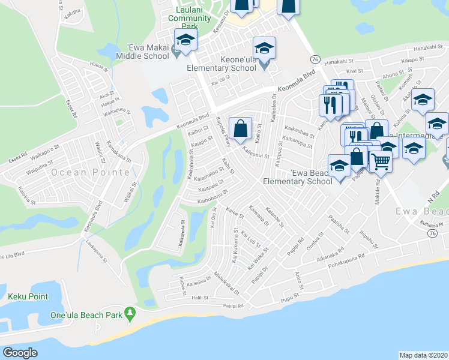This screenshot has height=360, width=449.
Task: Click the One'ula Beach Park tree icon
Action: pos(128,313)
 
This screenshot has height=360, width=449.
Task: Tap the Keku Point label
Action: pos(28,296)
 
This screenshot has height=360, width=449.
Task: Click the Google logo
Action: pos(20,353)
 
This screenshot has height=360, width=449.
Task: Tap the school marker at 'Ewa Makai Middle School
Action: pos(185,40)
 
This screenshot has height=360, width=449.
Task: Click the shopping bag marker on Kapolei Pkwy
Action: pos(240,127)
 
